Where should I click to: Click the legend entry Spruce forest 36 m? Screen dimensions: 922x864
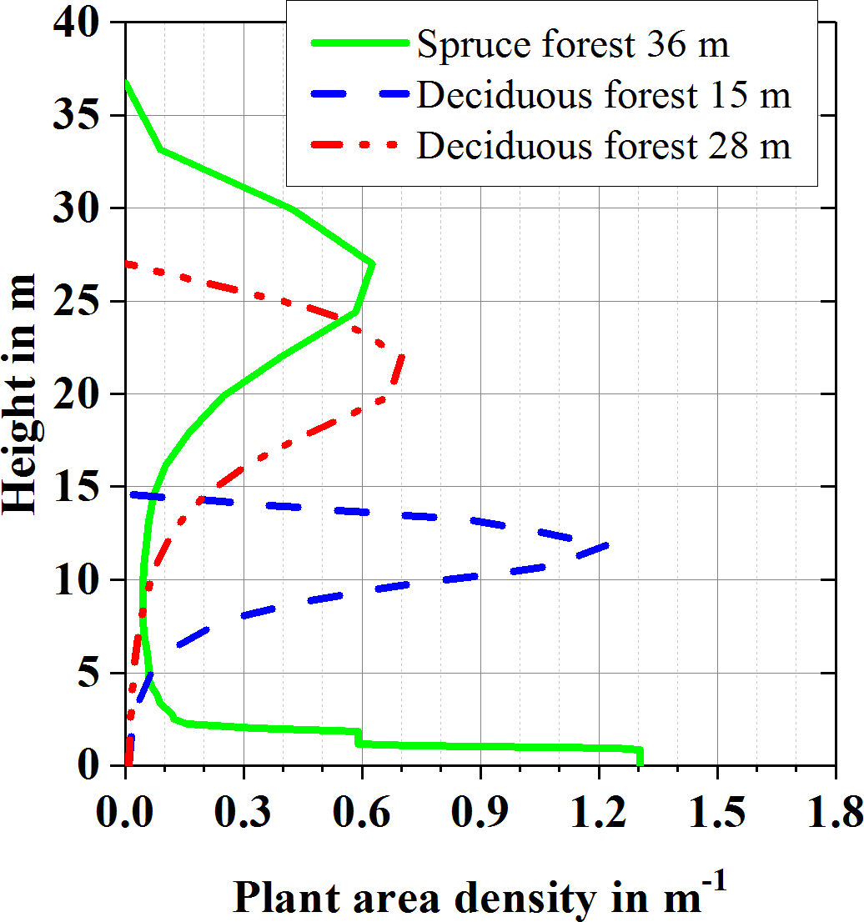pos(573,44)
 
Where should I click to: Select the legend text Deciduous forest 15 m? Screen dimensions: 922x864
pos(604,96)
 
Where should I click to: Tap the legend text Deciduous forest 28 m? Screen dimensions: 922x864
pos(604,147)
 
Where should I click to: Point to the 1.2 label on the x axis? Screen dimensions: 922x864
pos(599,809)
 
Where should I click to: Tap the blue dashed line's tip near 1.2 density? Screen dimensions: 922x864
pos(609,545)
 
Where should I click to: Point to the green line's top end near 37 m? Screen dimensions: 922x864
pos(125,82)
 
